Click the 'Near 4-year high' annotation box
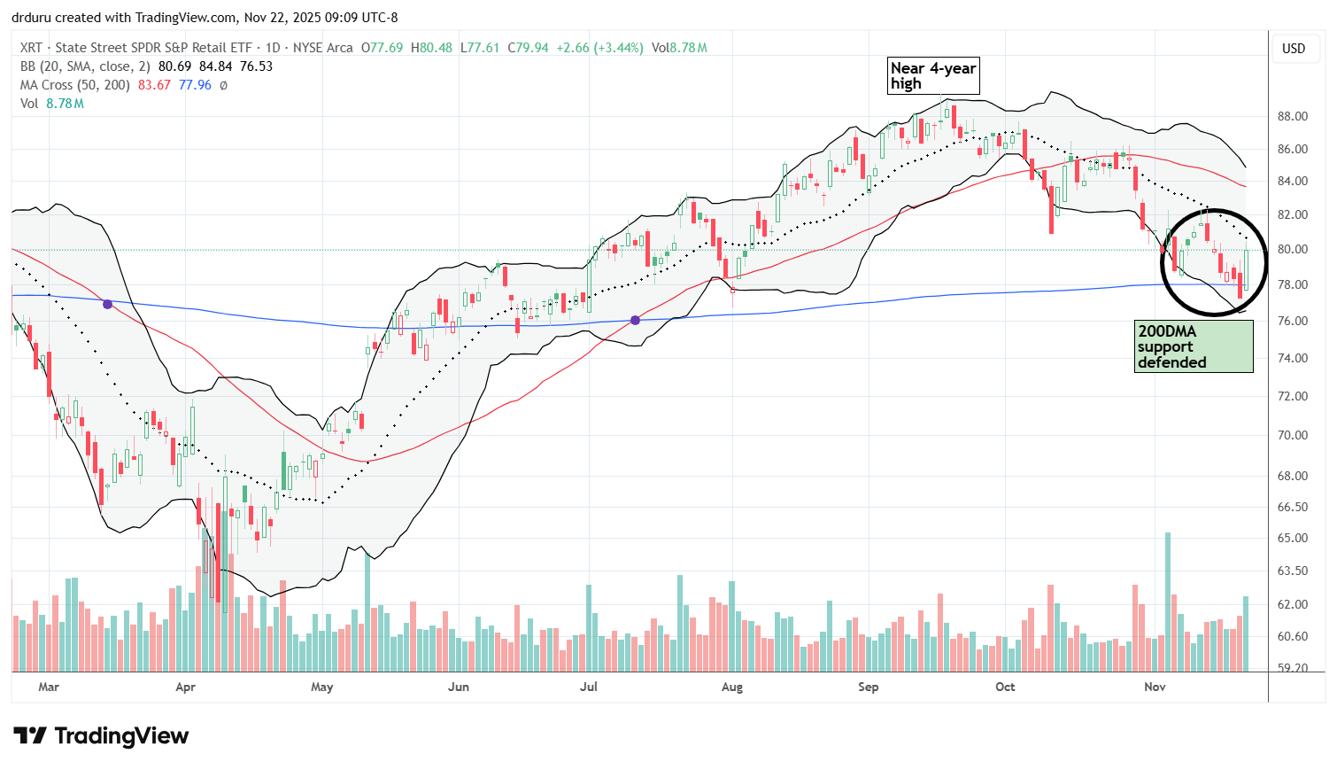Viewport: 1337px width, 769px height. [933, 76]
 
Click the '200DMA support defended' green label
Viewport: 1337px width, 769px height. [1192, 346]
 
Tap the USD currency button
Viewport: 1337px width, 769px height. [1294, 49]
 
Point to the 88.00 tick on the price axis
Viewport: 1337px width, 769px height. [1293, 116]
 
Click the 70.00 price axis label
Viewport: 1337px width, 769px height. [1293, 435]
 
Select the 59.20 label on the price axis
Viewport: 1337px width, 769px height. [1293, 668]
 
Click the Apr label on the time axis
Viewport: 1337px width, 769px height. [185, 687]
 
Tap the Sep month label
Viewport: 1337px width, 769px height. [868, 687]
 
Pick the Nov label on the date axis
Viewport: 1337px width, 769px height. [1155, 687]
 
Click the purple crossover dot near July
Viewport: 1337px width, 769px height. [636, 320]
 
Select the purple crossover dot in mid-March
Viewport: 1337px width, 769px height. [107, 304]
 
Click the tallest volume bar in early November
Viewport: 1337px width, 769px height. [1168, 602]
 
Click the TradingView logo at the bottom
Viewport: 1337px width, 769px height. [101, 736]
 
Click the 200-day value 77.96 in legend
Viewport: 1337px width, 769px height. [195, 85]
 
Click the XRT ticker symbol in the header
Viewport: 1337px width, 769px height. [31, 48]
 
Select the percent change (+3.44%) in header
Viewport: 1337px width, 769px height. [618, 48]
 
